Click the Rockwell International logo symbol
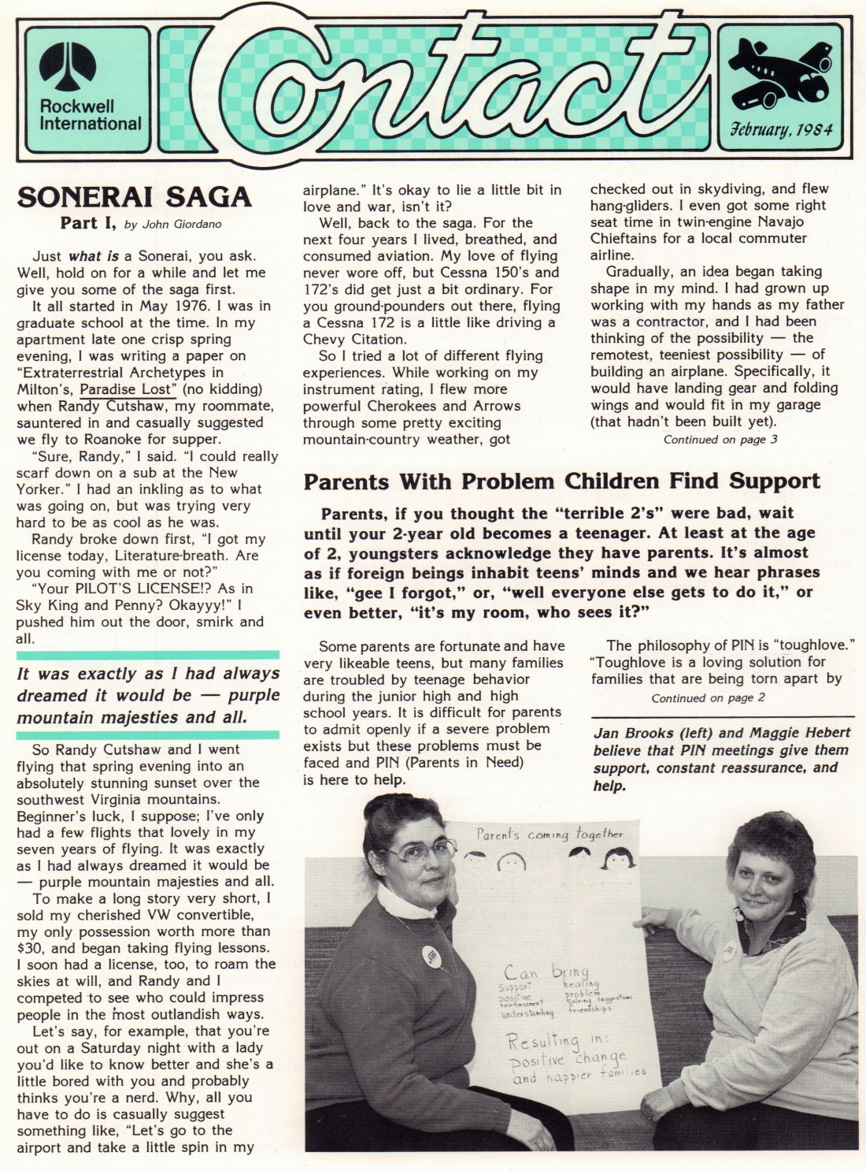[x=68, y=66]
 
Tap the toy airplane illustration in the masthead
[x=780, y=75]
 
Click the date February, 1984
[x=781, y=129]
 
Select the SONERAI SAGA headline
[x=134, y=197]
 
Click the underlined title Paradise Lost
[x=131, y=389]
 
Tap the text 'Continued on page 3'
[x=720, y=440]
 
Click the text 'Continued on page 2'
[x=708, y=698]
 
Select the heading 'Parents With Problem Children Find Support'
[x=561, y=481]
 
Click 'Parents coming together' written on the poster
[x=549, y=835]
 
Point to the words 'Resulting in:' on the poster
[x=555, y=1041]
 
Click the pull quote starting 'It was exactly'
[x=148, y=695]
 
